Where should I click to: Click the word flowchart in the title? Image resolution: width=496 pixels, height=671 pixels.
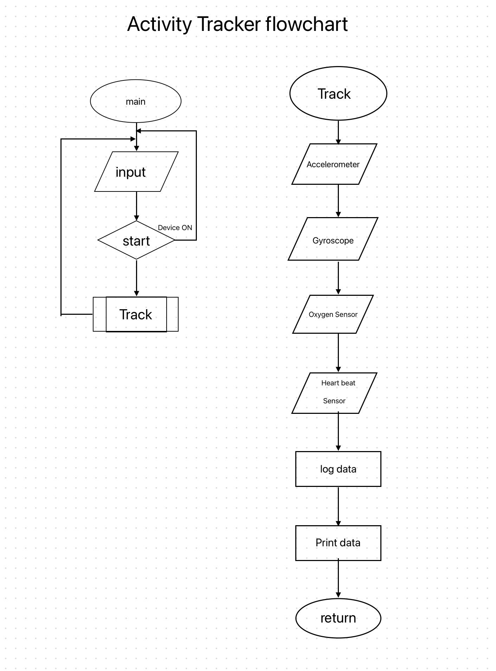click(x=307, y=24)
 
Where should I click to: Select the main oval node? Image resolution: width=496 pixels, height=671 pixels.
click(x=136, y=101)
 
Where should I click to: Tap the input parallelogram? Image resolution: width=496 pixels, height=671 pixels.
click(x=136, y=172)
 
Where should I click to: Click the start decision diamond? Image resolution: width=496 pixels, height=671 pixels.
click(x=136, y=241)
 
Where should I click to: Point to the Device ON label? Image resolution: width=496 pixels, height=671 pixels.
click(x=175, y=228)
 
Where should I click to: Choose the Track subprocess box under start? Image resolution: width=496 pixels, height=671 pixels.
click(x=136, y=314)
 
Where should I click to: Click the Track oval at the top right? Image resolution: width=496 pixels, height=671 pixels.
click(x=338, y=93)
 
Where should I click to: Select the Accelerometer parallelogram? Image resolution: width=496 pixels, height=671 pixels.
click(x=334, y=164)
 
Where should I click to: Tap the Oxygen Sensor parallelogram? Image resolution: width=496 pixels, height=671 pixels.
click(x=333, y=314)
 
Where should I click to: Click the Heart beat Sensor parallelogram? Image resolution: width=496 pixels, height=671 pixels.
click(x=334, y=393)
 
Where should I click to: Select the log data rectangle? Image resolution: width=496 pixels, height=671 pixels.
click(x=338, y=469)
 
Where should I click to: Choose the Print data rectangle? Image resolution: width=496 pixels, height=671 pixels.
click(x=338, y=543)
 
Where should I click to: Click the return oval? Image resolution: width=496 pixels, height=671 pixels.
click(x=338, y=618)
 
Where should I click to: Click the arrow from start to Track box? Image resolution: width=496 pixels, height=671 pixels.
click(x=136, y=278)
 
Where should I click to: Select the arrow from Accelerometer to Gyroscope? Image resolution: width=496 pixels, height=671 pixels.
click(x=338, y=201)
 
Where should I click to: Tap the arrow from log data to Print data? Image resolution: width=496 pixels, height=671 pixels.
click(x=338, y=506)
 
